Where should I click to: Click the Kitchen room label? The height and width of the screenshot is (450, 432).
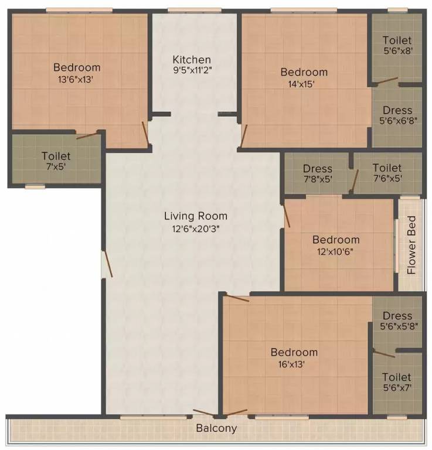point(192,60)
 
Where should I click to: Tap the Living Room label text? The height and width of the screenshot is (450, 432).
point(196,216)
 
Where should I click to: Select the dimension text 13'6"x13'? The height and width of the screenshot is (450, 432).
point(76,80)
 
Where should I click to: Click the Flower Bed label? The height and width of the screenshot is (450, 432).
point(411,245)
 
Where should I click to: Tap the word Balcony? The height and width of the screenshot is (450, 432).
point(216,428)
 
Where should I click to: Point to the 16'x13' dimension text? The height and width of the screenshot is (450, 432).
point(291,364)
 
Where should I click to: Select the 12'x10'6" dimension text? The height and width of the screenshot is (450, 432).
point(335,252)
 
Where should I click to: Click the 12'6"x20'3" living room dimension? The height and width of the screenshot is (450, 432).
point(196,229)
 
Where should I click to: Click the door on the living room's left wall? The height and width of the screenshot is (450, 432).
point(108,264)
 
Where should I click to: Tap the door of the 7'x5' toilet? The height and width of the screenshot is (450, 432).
point(87,136)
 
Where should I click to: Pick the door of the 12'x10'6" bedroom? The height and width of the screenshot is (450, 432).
point(287,214)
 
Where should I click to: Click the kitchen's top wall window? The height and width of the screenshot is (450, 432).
point(195,11)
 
